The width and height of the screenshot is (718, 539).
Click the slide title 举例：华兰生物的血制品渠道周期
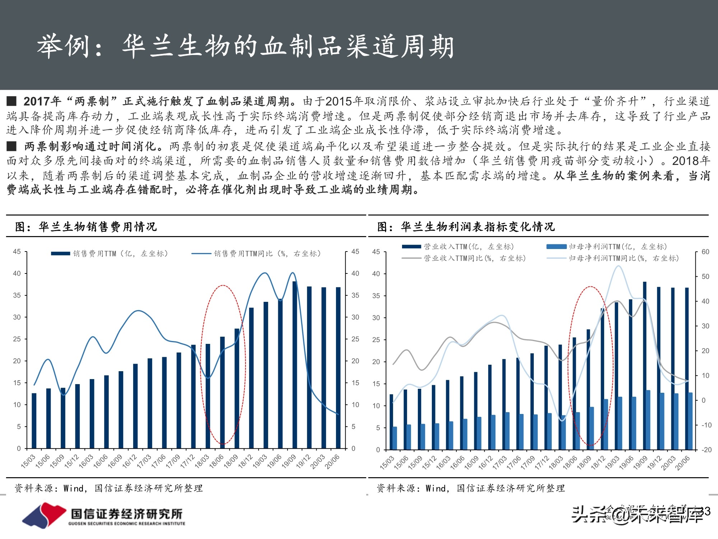click(246, 47)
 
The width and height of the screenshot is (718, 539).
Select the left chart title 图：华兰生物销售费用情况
click(86, 227)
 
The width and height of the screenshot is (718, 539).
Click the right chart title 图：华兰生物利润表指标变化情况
click(466, 227)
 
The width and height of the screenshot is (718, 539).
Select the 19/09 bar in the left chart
click(295, 365)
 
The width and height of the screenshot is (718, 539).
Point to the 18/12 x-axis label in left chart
click(246, 461)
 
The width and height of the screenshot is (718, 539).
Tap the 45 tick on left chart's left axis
click(17, 252)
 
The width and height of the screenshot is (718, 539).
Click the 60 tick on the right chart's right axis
click(705, 252)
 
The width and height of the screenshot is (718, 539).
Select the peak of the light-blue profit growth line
click(618, 266)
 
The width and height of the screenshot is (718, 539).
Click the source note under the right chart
click(470, 488)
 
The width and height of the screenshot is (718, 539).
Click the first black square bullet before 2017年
click(11, 101)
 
